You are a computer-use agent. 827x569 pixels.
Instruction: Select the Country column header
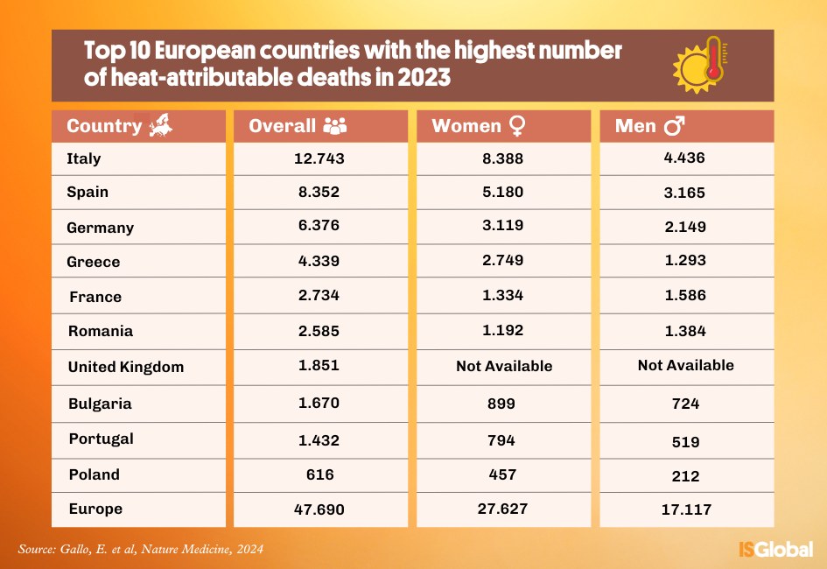point(104,126)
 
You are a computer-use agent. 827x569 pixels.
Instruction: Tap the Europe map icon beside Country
point(160,126)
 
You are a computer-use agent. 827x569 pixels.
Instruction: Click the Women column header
point(466,126)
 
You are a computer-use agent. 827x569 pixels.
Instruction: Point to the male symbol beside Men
point(675,127)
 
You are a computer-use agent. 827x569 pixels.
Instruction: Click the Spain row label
point(88,192)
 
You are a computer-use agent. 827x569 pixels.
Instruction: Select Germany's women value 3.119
point(502,226)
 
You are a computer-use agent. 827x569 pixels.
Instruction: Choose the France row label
point(95,297)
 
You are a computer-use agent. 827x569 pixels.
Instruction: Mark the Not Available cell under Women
point(504,366)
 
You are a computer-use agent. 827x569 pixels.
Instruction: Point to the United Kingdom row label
point(126,367)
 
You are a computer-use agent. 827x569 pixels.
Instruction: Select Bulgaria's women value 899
point(502,404)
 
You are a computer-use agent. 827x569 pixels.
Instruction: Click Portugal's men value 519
point(685,441)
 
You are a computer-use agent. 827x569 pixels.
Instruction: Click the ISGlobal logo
point(775,549)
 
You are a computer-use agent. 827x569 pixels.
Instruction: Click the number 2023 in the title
point(424,77)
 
